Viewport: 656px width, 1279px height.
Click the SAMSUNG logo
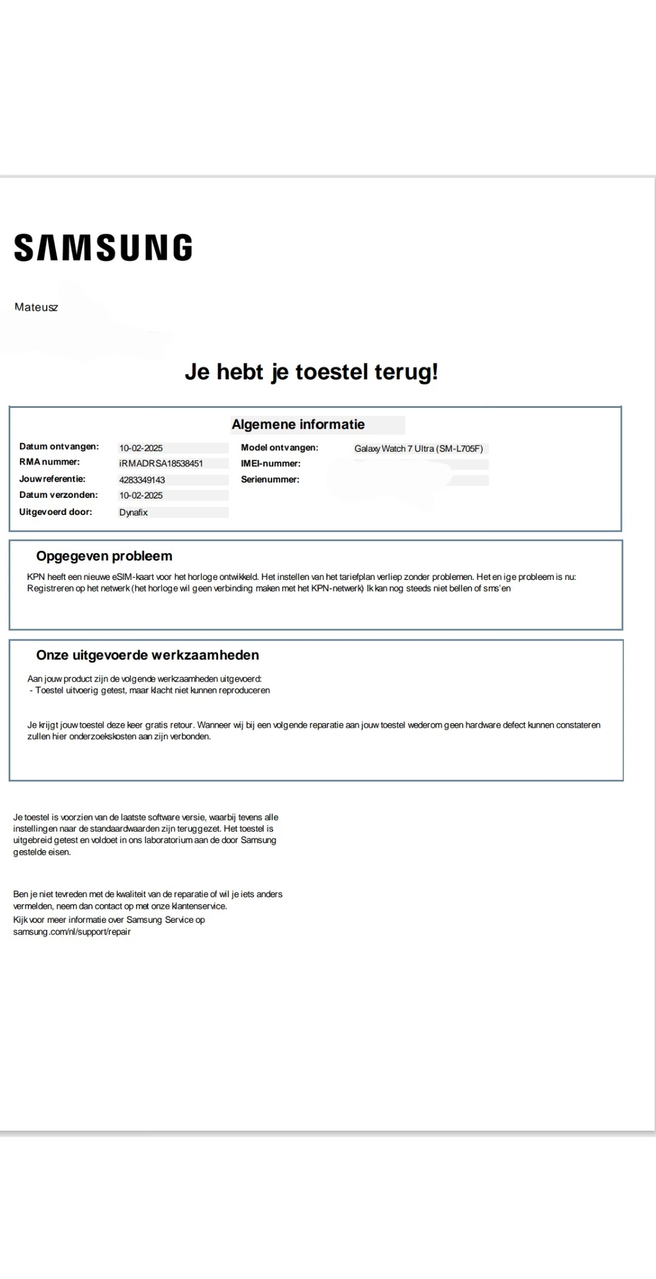(x=103, y=248)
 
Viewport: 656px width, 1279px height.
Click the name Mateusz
(x=36, y=308)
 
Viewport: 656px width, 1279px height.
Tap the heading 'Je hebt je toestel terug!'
(x=311, y=372)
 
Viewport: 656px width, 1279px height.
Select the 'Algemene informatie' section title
(x=298, y=425)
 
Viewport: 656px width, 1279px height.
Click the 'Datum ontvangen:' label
(x=59, y=447)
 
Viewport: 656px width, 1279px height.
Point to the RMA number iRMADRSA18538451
(x=161, y=464)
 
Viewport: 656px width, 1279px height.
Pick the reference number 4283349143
(x=142, y=480)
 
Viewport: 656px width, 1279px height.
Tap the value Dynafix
(x=134, y=513)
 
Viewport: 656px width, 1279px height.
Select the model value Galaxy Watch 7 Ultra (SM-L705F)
(x=419, y=449)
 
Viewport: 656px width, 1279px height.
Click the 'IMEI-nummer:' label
(x=270, y=464)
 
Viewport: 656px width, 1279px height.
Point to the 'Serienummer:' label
(x=270, y=480)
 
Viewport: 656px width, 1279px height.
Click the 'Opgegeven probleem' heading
(x=104, y=556)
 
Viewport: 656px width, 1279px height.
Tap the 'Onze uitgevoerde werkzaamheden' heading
(x=148, y=655)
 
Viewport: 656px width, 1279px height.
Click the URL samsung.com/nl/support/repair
(x=72, y=932)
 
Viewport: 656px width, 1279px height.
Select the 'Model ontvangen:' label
(x=279, y=448)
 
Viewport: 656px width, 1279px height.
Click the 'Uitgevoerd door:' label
(x=56, y=512)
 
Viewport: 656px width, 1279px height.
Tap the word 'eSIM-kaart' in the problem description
(x=133, y=577)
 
